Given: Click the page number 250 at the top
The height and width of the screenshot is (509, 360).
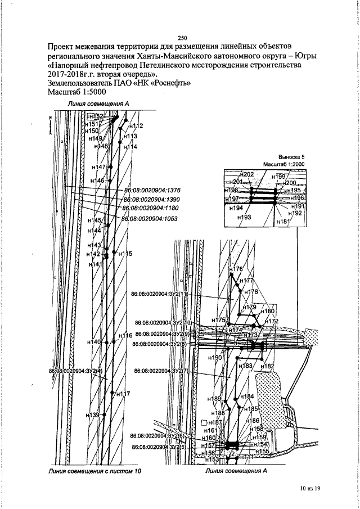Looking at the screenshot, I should [x=182, y=37].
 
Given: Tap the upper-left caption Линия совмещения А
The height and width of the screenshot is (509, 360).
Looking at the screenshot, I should [x=98, y=104].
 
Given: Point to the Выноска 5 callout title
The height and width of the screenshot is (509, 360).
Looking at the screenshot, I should [x=291, y=156].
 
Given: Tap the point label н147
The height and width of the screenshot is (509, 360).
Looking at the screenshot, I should [x=98, y=168].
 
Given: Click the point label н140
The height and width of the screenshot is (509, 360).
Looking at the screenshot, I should [x=94, y=342].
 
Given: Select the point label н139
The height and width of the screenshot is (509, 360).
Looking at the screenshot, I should [x=92, y=415].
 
